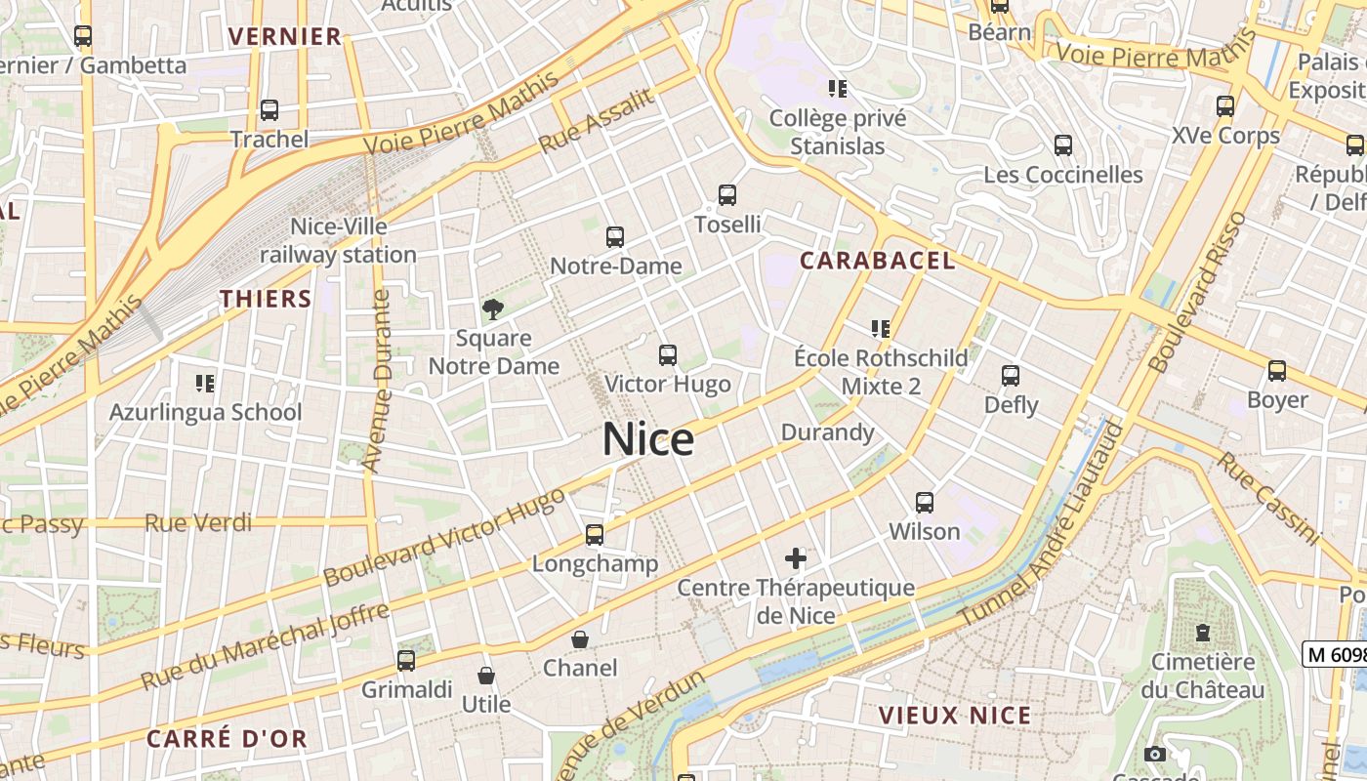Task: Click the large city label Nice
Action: pos(648,439)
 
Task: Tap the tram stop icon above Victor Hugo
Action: pos(668,355)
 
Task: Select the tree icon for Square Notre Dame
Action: pos(493,309)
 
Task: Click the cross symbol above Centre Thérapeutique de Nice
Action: pos(796,558)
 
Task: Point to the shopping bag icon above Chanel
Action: pos(580,639)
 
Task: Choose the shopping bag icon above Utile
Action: pos(485,676)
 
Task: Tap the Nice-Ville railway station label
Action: pos(338,240)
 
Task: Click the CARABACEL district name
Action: pos(877,261)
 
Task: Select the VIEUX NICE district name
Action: pos(954,715)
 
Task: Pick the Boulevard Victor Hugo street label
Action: pos(444,536)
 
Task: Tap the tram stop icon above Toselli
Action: pos(727,195)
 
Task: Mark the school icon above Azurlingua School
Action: pos(205,383)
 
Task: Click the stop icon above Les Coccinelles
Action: pos(1063,145)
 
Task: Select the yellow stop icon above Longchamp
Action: pos(595,535)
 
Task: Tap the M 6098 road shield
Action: pos(1335,654)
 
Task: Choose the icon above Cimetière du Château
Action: pos(1202,633)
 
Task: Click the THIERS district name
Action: pos(266,299)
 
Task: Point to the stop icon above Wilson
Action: pos(925,503)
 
